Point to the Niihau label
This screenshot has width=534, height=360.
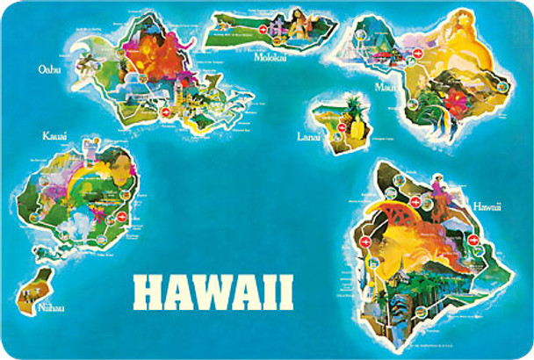50,307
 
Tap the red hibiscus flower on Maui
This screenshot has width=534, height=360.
457,104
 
